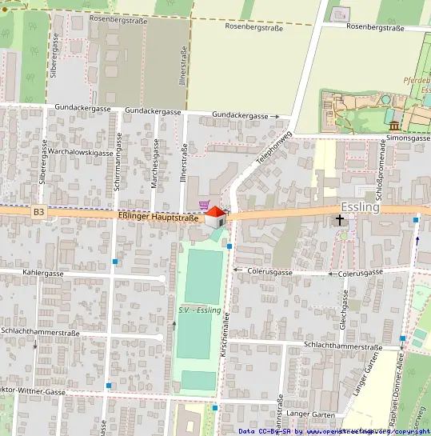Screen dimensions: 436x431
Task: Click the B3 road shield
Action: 38,212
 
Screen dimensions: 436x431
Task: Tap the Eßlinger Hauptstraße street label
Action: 158,216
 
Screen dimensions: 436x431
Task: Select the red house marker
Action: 215,215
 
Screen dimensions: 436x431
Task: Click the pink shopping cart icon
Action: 205,206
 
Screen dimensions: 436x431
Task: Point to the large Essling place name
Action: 360,206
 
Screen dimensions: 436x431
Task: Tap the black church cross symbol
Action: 340,219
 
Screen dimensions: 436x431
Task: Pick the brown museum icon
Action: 394,126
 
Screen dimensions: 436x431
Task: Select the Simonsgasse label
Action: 409,138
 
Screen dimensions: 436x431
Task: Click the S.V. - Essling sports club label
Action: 199,310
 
